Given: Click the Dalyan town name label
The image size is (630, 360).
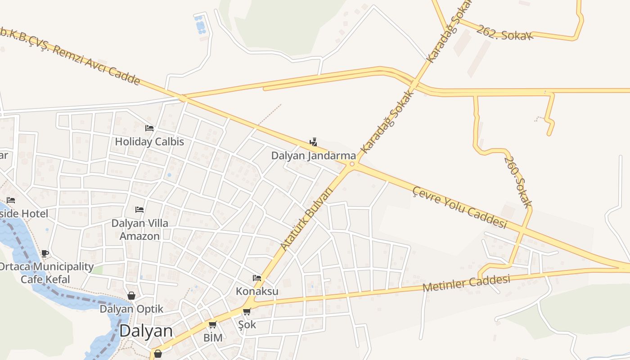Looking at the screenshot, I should pyautogui.click(x=146, y=331).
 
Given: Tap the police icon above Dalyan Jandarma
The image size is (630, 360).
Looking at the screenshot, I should pyautogui.click(x=313, y=143).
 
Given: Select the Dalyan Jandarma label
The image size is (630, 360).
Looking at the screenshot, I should pyautogui.click(x=313, y=156).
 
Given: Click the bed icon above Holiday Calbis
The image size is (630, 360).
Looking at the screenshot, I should pyautogui.click(x=149, y=128).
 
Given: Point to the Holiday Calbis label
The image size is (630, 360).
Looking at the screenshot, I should pyautogui.click(x=149, y=141).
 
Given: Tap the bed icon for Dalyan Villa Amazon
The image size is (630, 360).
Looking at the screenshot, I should pyautogui.click(x=139, y=210).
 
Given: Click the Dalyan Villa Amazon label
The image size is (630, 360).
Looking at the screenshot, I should pyautogui.click(x=139, y=229).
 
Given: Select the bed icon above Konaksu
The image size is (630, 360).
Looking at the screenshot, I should pyautogui.click(x=257, y=278).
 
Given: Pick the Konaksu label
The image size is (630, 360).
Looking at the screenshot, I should pyautogui.click(x=257, y=291).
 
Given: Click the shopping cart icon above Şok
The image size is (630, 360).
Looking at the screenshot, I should pyautogui.click(x=247, y=311).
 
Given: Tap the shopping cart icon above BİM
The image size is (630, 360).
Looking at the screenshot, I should pyautogui.click(x=213, y=324).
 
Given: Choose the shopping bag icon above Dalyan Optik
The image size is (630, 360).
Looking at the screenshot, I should pyautogui.click(x=131, y=296).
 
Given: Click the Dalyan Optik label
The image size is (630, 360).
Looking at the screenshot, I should pyautogui.click(x=131, y=309).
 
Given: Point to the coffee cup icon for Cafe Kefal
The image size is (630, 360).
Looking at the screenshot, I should pyautogui.click(x=45, y=253).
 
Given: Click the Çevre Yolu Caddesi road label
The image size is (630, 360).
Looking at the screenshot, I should pyautogui.click(x=460, y=207).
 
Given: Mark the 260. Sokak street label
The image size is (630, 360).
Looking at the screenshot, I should pyautogui.click(x=518, y=182).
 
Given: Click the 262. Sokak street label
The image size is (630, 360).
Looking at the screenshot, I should pyautogui.click(x=504, y=32).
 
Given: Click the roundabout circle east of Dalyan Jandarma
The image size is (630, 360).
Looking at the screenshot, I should pyautogui.click(x=352, y=165).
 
